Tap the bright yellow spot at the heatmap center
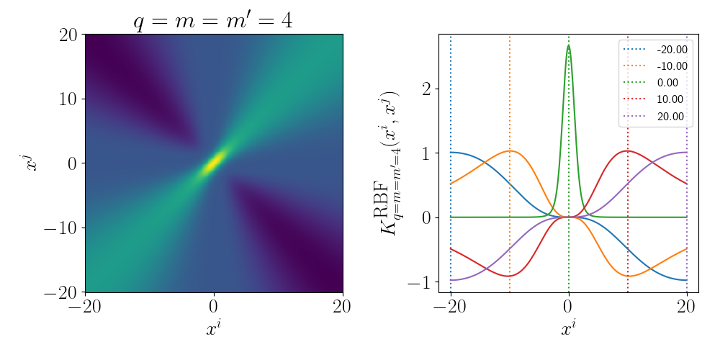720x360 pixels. click(x=214, y=162)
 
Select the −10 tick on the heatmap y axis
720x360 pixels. click(x=60, y=228)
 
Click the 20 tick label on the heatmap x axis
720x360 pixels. click(x=342, y=307)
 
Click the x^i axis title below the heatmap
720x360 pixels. click(x=214, y=330)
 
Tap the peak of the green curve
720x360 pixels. click(x=569, y=45)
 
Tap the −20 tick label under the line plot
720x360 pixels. click(x=451, y=307)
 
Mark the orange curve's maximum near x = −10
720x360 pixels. click(x=510, y=150)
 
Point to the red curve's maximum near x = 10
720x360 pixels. click(x=628, y=150)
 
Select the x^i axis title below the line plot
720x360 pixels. click(x=569, y=330)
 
